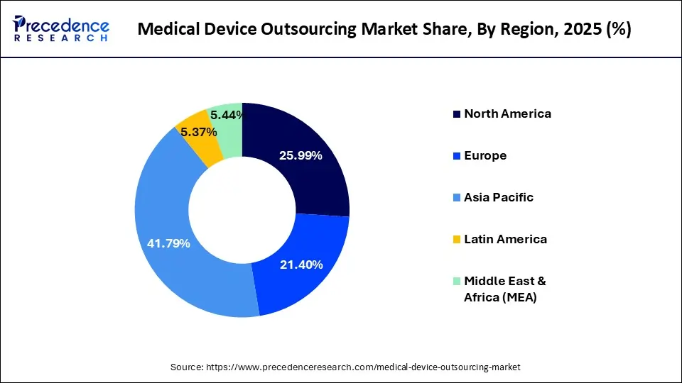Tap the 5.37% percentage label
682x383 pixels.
coord(198,132)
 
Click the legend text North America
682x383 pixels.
coord(507,113)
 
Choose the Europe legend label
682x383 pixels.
coord(485,155)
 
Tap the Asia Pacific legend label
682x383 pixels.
coord(499,197)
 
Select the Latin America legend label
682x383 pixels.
coord(505,239)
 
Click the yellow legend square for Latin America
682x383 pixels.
coord(457,240)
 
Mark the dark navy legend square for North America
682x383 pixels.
coord(457,114)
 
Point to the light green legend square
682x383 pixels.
coord(457,282)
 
